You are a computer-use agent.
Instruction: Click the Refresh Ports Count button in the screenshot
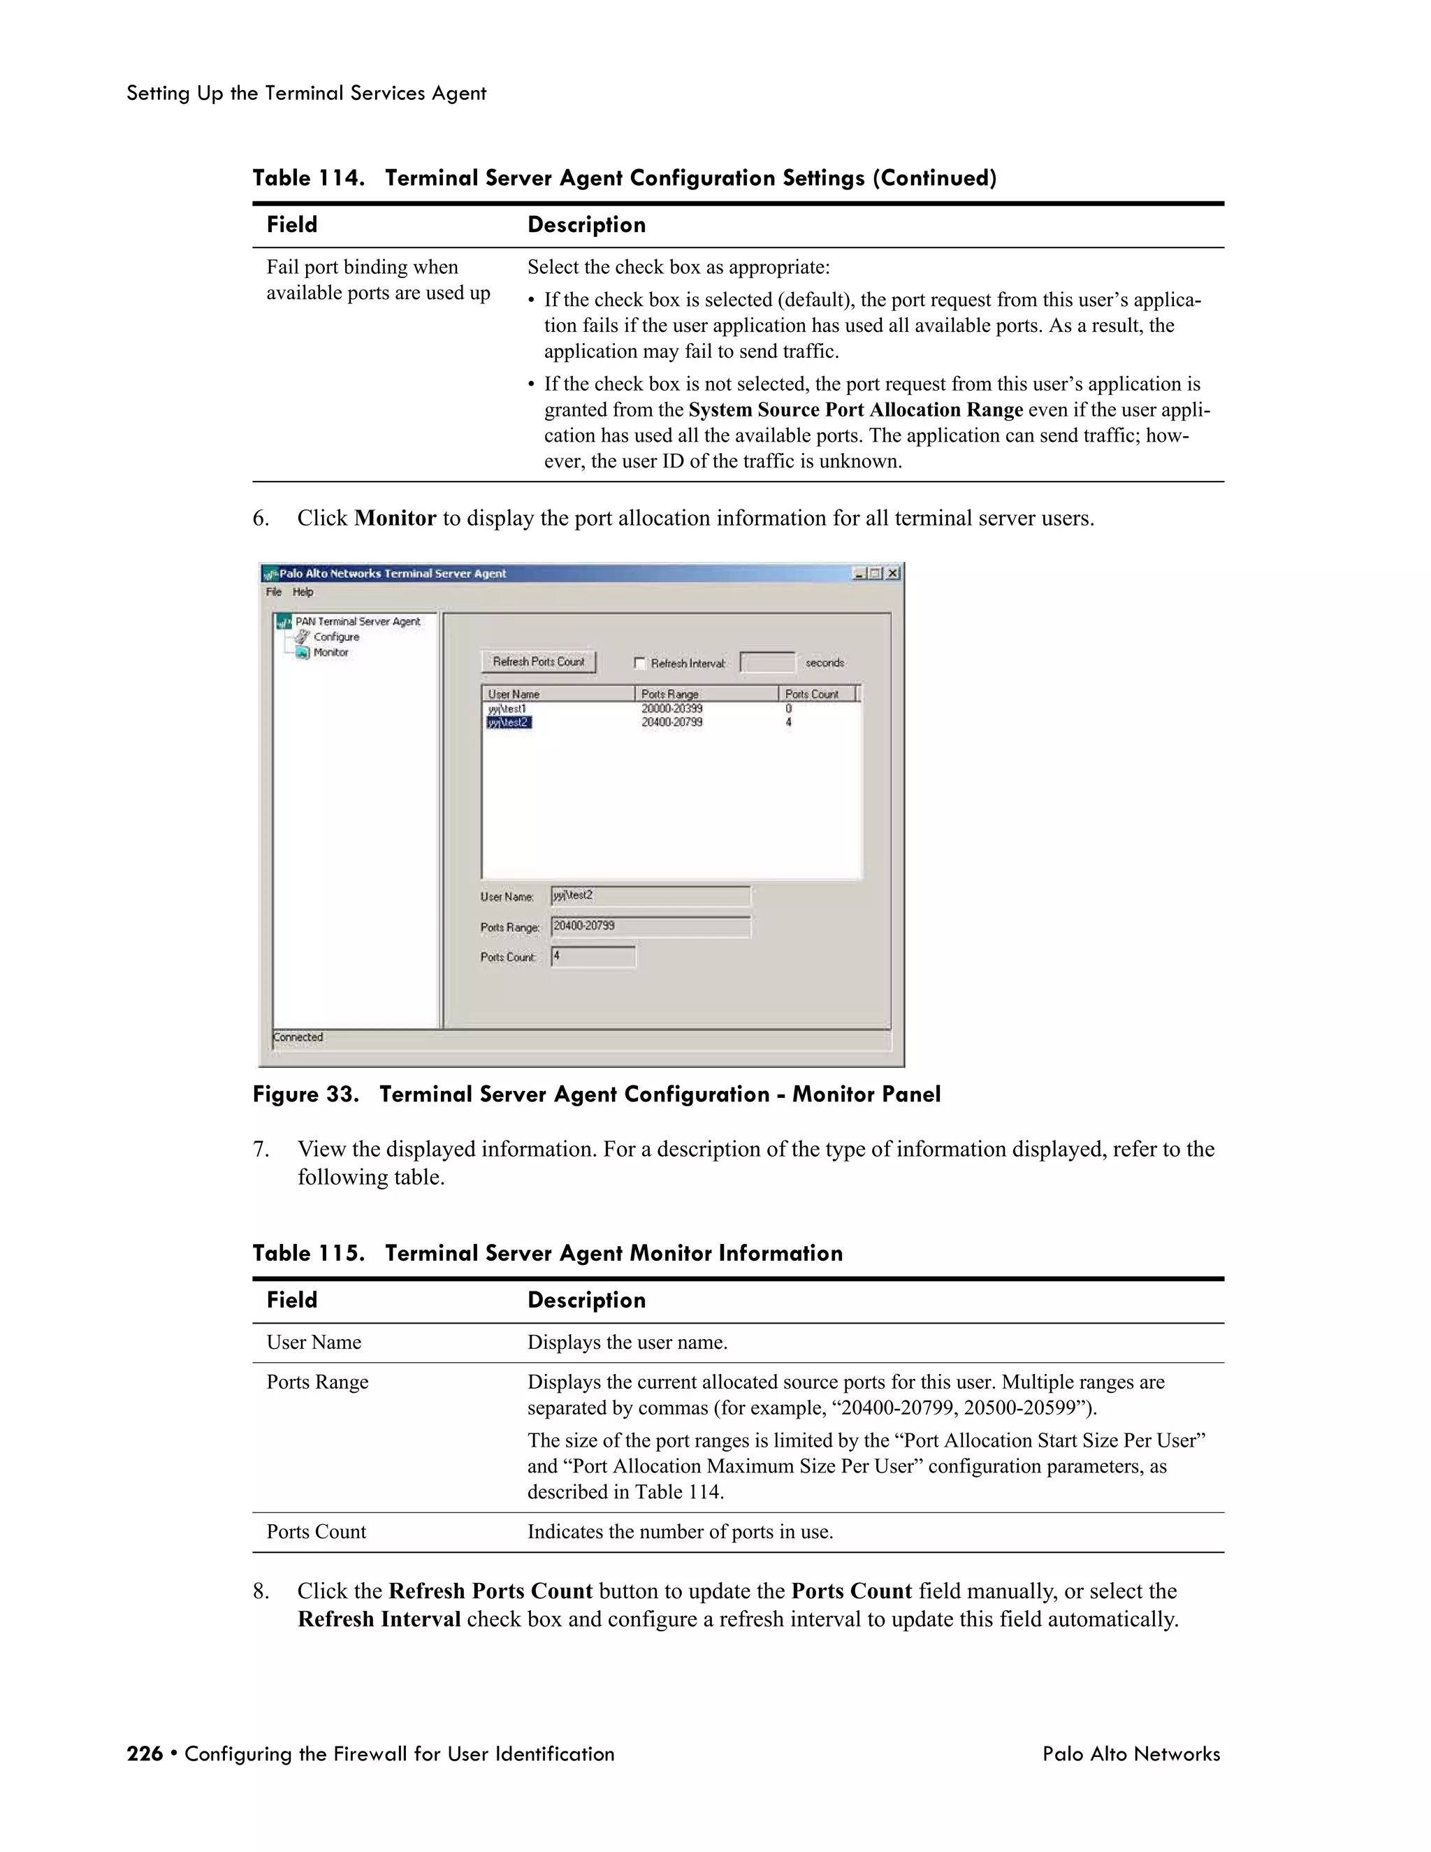click(x=538, y=661)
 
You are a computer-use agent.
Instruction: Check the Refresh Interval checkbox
click(x=640, y=663)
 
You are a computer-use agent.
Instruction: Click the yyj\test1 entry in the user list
click(x=508, y=708)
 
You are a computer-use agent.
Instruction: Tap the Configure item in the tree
click(x=335, y=637)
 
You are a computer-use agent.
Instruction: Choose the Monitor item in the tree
click(x=330, y=652)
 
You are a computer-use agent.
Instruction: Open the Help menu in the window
click(x=303, y=592)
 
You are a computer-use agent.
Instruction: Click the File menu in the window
click(x=273, y=592)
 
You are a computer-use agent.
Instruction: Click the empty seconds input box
click(x=767, y=663)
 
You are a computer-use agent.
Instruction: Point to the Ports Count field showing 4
click(x=593, y=957)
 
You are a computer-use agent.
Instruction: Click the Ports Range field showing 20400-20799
click(x=651, y=926)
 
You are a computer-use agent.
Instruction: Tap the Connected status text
click(x=298, y=1037)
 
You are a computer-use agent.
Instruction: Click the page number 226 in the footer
click(x=144, y=1753)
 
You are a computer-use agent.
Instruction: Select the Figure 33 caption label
click(x=305, y=1094)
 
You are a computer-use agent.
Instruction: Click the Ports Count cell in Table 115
click(x=317, y=1531)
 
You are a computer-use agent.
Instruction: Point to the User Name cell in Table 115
click(x=314, y=1343)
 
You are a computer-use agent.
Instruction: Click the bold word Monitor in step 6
click(x=395, y=518)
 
